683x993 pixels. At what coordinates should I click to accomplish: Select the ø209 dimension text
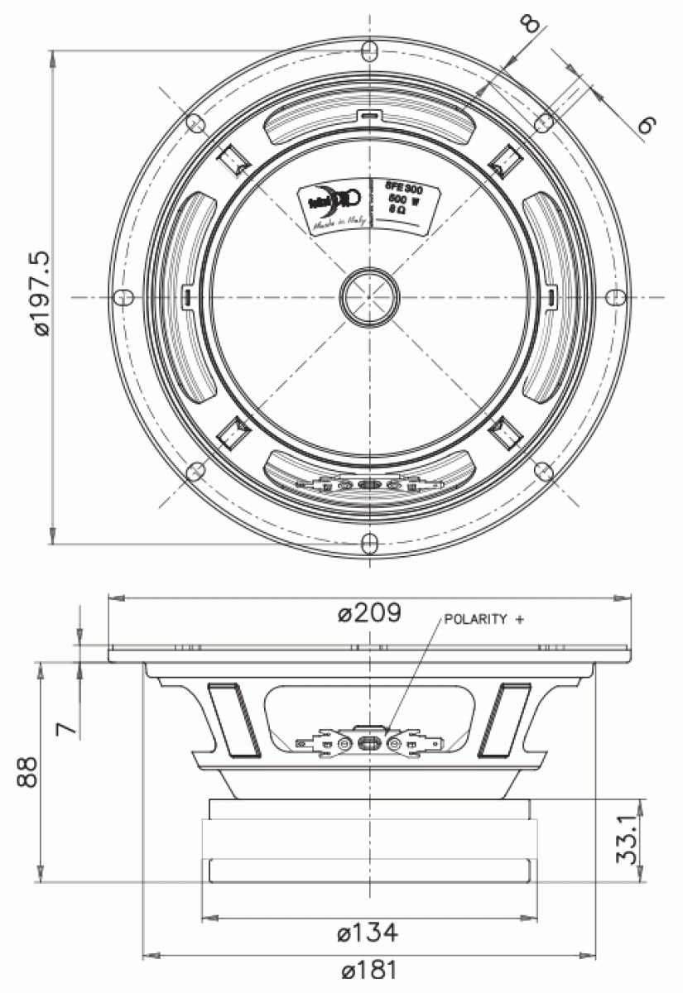pyautogui.click(x=370, y=613)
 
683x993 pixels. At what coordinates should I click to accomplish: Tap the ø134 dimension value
pyautogui.click(x=368, y=933)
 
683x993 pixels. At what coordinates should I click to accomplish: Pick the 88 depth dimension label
pyautogui.click(x=31, y=771)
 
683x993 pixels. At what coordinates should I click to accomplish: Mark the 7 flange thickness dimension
pyautogui.click(x=68, y=727)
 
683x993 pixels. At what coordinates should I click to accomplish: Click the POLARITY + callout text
pyautogui.click(x=484, y=619)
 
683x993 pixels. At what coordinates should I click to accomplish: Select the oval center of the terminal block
pyautogui.click(x=369, y=742)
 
